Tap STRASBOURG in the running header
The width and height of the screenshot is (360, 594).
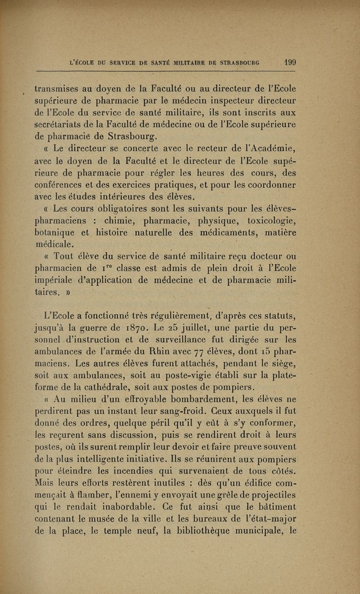pyautogui.click(x=244, y=62)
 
